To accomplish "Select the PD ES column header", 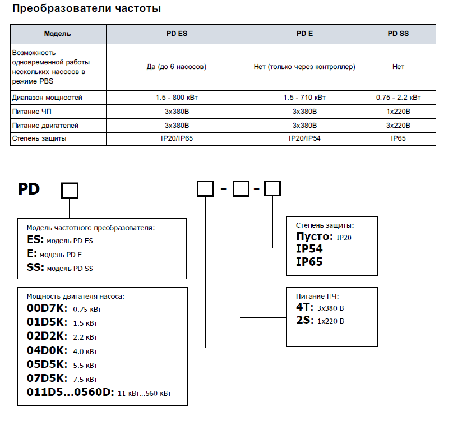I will tap(177, 34).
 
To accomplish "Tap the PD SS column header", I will tap(398, 34).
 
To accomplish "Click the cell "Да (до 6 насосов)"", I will tap(177, 67).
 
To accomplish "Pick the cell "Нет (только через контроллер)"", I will tap(304, 67).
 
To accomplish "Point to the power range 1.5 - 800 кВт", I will tap(177, 98).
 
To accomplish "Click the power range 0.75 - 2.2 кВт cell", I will tap(398, 98).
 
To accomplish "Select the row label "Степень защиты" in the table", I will tap(39, 138).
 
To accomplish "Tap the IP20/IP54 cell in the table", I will tap(304, 138).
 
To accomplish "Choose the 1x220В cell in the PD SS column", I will tap(398, 112).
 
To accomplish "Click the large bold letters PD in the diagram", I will tap(29, 189).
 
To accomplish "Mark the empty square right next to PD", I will tap(70, 191).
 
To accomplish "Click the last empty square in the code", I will tap(272, 189).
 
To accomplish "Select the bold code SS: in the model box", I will tap(35, 267).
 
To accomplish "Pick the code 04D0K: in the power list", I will tap(47, 351).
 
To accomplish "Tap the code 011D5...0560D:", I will tap(71, 392).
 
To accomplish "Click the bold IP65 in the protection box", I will tap(309, 261).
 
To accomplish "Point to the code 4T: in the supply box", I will tap(304, 307).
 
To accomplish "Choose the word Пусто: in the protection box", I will tap(314, 237).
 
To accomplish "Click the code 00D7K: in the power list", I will tap(47, 308).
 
